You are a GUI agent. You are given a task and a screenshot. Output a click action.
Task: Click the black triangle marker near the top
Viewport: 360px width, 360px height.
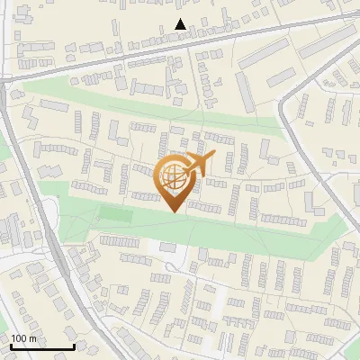181,24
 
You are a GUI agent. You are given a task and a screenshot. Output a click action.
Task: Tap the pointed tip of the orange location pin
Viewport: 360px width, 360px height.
173,211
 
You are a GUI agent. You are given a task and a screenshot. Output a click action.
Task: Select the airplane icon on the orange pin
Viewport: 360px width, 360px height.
198,165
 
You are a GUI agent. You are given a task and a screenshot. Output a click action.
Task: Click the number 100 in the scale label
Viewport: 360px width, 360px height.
19,338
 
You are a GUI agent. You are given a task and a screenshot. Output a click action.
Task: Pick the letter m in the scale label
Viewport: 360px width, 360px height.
32,338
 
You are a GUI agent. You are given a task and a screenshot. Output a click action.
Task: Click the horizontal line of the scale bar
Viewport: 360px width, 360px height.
41,346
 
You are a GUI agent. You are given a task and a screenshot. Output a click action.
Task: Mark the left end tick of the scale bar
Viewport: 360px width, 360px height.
11,345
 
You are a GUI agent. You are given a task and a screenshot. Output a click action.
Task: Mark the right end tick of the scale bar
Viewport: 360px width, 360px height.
73,345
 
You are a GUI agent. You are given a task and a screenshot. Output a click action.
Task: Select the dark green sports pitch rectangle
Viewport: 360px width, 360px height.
113,215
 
